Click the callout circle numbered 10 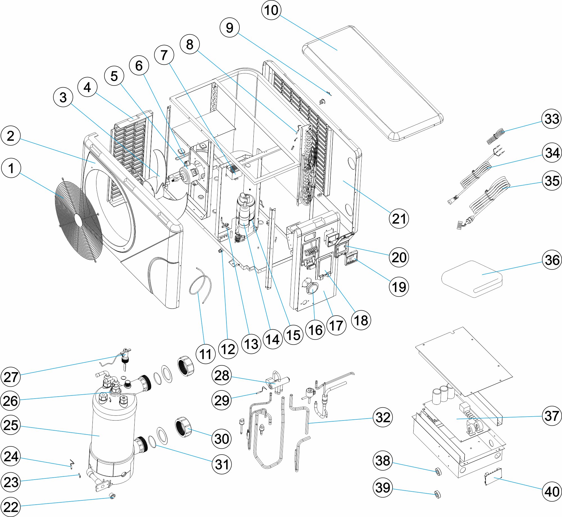click(x=271, y=10)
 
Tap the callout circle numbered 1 click(x=11, y=168)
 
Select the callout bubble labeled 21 click(x=399, y=219)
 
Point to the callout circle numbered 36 click(x=552, y=260)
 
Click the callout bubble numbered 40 click(x=552, y=491)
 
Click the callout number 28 click(x=222, y=375)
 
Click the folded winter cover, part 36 click(x=472, y=278)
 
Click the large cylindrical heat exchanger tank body click(x=114, y=430)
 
